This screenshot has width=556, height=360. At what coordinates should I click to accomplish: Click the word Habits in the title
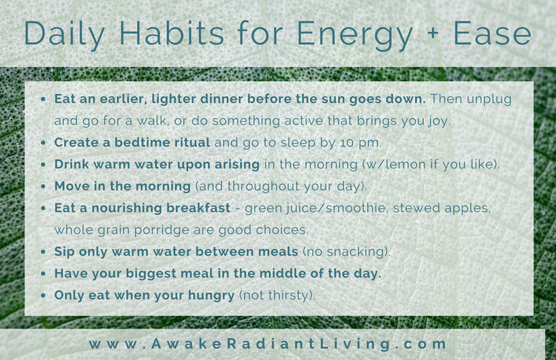172,33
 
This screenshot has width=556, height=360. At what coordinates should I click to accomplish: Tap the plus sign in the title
433,33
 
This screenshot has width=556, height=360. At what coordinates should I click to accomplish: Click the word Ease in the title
493,33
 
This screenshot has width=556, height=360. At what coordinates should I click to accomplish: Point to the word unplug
489,100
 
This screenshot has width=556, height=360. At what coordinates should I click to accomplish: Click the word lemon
405,164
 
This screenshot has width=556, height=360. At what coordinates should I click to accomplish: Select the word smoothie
356,208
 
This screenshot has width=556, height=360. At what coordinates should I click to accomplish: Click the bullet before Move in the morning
43,187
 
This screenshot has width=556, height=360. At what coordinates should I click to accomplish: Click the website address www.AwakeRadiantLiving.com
268,344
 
